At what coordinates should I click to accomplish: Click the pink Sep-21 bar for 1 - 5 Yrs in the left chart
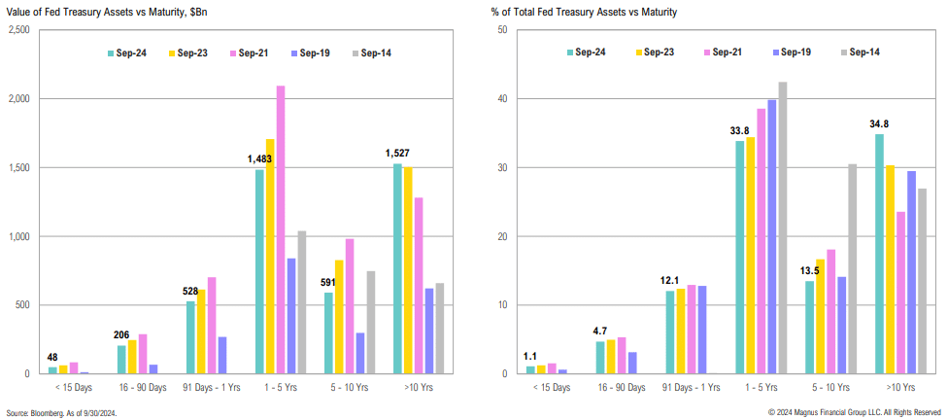[281, 229]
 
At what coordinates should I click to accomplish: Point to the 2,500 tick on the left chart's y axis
[18, 30]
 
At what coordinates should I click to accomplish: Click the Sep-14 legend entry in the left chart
[375, 52]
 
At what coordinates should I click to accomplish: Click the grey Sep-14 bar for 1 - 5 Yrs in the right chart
[783, 227]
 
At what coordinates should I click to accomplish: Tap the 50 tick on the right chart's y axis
[502, 30]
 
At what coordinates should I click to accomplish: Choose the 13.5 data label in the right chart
[809, 270]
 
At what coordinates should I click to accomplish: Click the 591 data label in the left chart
[327, 283]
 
